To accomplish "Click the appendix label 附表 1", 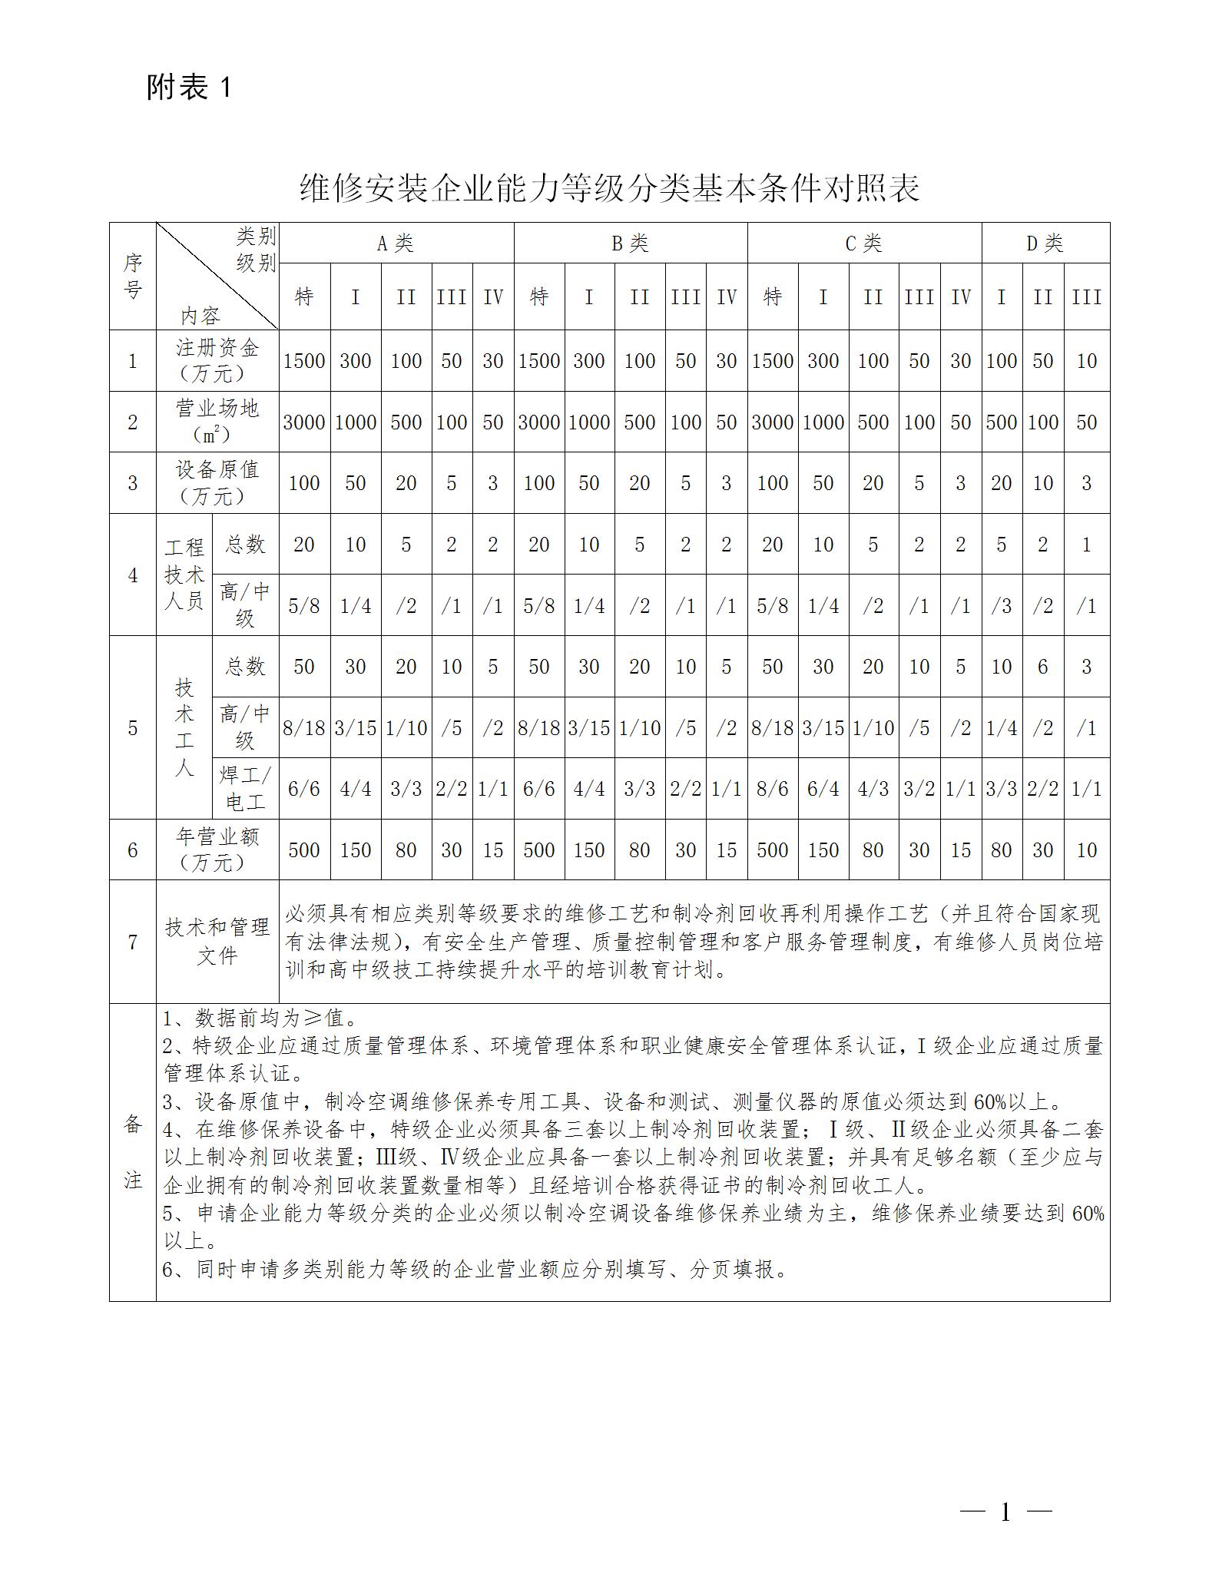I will [188, 88].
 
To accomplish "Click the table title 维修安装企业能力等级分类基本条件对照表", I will [609, 188].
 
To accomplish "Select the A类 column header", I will [396, 243].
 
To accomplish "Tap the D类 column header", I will [1045, 243].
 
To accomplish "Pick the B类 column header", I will [630, 243].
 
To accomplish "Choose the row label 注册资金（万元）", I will [217, 360].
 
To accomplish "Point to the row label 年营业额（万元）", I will [217, 849].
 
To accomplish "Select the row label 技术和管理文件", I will [217, 941].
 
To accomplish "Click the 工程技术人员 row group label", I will [184, 574].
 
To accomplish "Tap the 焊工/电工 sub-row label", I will [245, 788].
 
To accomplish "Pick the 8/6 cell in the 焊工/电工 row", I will [772, 789].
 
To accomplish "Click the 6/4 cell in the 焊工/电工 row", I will [823, 789].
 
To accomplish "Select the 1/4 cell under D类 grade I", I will [1002, 727].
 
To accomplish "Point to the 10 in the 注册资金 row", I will [1086, 361].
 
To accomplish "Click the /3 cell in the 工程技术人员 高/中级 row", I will [1002, 605].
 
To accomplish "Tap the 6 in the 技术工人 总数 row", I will [1042, 667].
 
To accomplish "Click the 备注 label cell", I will [133, 1151].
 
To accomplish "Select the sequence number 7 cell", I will [133, 942].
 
